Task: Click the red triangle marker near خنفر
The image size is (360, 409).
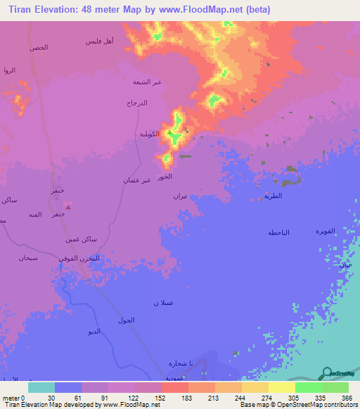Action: [x=67, y=207]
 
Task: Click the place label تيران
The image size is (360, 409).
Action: [x=180, y=197]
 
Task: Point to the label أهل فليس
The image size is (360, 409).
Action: [x=103, y=42]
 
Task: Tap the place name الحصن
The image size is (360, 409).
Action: [x=39, y=47]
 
